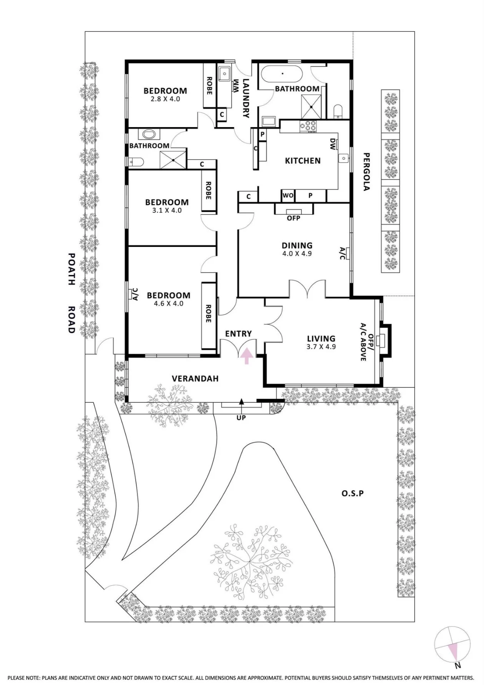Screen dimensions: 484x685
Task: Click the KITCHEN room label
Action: pyautogui.click(x=303, y=160)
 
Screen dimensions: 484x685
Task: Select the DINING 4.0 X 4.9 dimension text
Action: pyautogui.click(x=297, y=253)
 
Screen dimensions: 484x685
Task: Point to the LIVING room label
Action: pyautogui.click(x=321, y=338)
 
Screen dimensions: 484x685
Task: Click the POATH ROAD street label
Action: pyautogui.click(x=71, y=293)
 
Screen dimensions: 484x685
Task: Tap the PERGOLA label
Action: pyautogui.click(x=366, y=172)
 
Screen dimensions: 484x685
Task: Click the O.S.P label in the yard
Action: pyautogui.click(x=353, y=493)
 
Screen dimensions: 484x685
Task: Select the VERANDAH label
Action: pyautogui.click(x=195, y=379)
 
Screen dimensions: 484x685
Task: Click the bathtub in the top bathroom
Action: pyautogui.click(x=282, y=73)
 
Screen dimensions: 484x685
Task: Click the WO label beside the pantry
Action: pyautogui.click(x=288, y=195)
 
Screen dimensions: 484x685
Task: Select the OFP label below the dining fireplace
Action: pyautogui.click(x=293, y=218)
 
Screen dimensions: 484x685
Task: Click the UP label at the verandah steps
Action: pyautogui.click(x=241, y=418)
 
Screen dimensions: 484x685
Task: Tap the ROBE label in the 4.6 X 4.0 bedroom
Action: pyautogui.click(x=208, y=313)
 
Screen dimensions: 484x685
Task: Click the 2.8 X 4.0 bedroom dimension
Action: pyautogui.click(x=166, y=99)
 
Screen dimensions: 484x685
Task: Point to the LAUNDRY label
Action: pyautogui.click(x=246, y=98)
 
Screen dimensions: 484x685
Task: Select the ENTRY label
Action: pyautogui.click(x=239, y=334)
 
